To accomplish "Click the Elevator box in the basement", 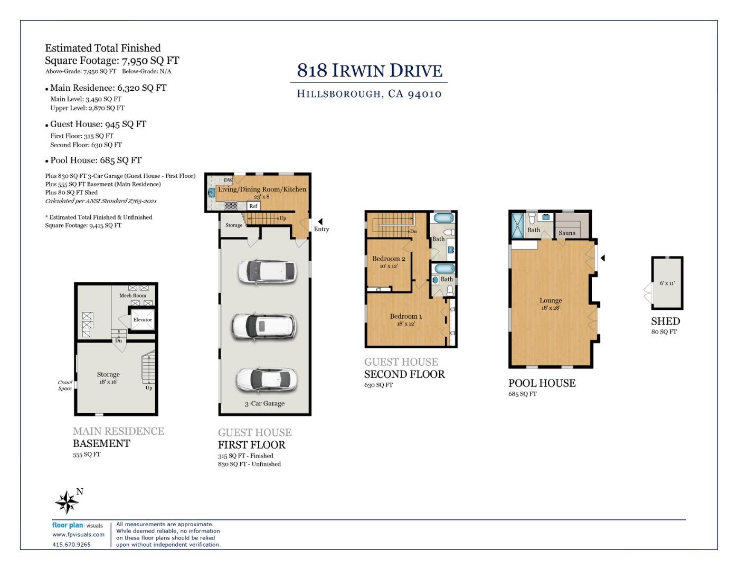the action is [x=143, y=319].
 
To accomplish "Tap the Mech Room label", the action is [x=133, y=296].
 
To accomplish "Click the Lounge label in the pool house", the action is [x=551, y=300].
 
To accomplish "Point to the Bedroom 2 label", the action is [x=389, y=259].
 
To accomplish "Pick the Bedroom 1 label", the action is [x=406, y=316].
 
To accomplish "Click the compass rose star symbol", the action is [x=67, y=502].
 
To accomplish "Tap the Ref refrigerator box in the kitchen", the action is [x=253, y=206].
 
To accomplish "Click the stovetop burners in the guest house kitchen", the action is [x=231, y=205].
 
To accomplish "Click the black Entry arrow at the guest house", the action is [x=320, y=222].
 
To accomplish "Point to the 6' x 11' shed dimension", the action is [x=667, y=283].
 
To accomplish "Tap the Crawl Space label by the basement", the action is [x=65, y=385].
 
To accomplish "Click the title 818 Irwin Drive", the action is [x=370, y=71].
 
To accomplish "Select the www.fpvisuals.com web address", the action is [x=78, y=534].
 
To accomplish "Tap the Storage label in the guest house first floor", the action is [x=234, y=225].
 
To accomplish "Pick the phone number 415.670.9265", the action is [x=71, y=545].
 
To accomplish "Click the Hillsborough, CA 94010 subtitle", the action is [x=369, y=94].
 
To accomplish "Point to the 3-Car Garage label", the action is [x=264, y=404].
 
